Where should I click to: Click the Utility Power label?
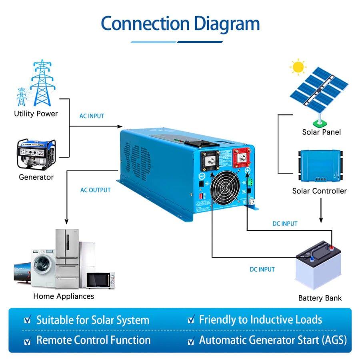[36, 114]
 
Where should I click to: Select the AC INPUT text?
[92, 116]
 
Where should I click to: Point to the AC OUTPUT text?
[95, 190]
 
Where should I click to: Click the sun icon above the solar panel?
[298, 66]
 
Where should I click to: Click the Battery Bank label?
[320, 298]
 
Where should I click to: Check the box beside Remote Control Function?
[28, 341]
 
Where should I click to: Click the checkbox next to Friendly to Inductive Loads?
[191, 320]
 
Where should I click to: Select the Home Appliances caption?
[64, 296]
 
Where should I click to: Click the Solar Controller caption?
[320, 191]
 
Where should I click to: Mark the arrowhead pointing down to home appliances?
[66, 221]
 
